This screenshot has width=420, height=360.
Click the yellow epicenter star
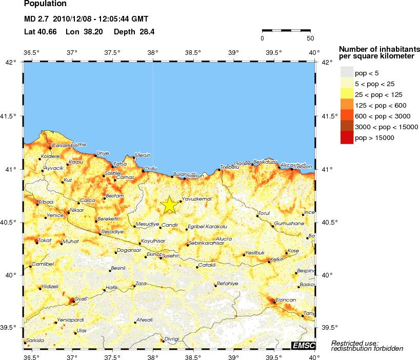[170, 204]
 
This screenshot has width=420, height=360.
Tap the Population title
[46, 4]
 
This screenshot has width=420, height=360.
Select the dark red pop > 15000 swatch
[347, 137]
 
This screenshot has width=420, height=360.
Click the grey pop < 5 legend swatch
[347, 73]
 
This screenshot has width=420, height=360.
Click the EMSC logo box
[303, 345]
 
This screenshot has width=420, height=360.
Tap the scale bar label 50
[310, 38]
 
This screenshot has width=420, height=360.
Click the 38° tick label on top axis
[153, 52]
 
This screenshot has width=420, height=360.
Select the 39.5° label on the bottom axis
[274, 356]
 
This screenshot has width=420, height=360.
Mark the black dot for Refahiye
[215, 286]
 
